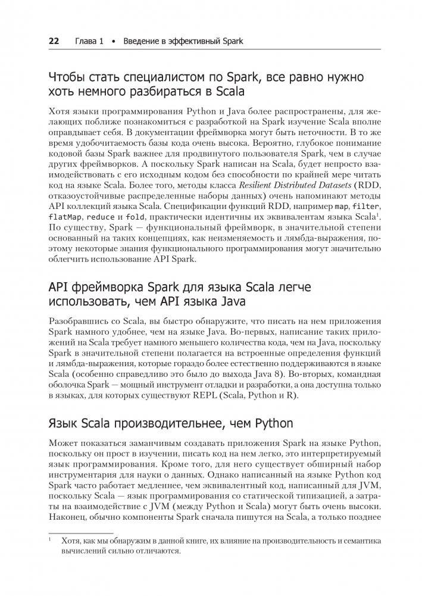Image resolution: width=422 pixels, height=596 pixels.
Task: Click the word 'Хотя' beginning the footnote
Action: [70, 541]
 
